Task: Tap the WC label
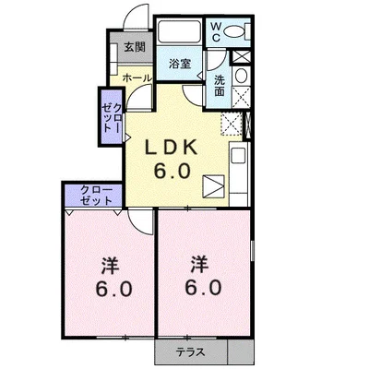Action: [216, 31]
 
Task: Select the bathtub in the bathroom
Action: [179, 31]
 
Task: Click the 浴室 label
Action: [180, 64]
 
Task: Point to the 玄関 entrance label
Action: [135, 47]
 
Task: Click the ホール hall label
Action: [137, 78]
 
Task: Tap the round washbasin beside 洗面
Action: [241, 76]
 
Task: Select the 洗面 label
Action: [220, 86]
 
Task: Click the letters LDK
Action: [171, 149]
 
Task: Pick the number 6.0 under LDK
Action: [172, 171]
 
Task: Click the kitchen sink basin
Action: [239, 156]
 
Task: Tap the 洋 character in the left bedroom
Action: [111, 266]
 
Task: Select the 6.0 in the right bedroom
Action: [203, 288]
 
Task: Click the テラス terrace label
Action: [191, 351]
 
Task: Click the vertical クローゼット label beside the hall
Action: [112, 118]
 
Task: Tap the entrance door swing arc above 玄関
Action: [132, 16]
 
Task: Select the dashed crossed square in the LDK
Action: [232, 125]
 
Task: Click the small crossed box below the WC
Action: [241, 57]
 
